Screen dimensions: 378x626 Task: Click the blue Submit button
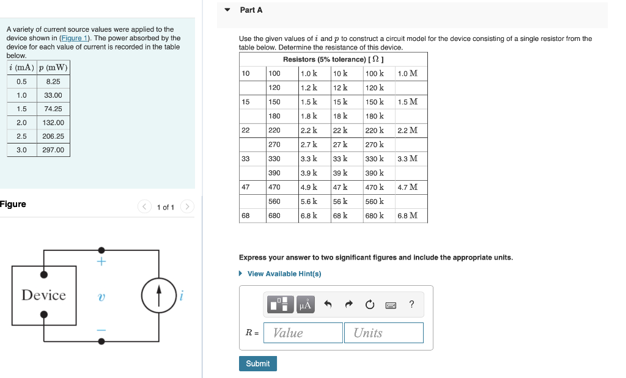tap(257, 363)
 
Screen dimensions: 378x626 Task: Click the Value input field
tap(303, 333)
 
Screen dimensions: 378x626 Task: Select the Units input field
tap(383, 333)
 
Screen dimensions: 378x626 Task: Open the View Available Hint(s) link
tap(284, 274)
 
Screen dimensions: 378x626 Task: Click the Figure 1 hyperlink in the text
tap(74, 38)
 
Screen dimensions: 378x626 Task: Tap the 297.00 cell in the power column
tap(53, 150)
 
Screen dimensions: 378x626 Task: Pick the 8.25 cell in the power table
tap(53, 81)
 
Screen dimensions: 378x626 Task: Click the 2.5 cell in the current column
tap(21, 136)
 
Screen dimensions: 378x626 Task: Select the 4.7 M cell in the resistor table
tap(407, 187)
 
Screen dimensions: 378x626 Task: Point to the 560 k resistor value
tap(374, 202)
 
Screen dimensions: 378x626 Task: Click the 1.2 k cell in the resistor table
tap(309, 87)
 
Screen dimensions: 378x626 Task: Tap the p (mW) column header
tap(53, 67)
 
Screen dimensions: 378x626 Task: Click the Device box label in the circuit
tap(44, 296)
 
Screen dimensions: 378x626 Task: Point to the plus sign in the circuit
tap(101, 262)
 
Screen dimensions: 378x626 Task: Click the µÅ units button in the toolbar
tap(305, 304)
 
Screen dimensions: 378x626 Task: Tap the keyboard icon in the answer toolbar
tap(391, 304)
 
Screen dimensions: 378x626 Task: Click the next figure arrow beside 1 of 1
tap(187, 207)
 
